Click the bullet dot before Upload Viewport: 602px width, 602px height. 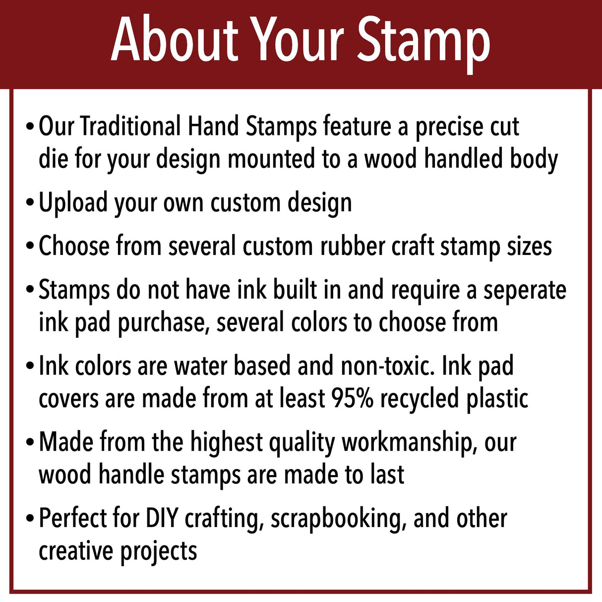pyautogui.click(x=31, y=203)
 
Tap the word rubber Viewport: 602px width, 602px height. pyautogui.click(x=353, y=246)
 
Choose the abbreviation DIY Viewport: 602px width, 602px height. pyautogui.click(x=162, y=519)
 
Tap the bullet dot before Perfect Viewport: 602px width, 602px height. pyautogui.click(x=31, y=519)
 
